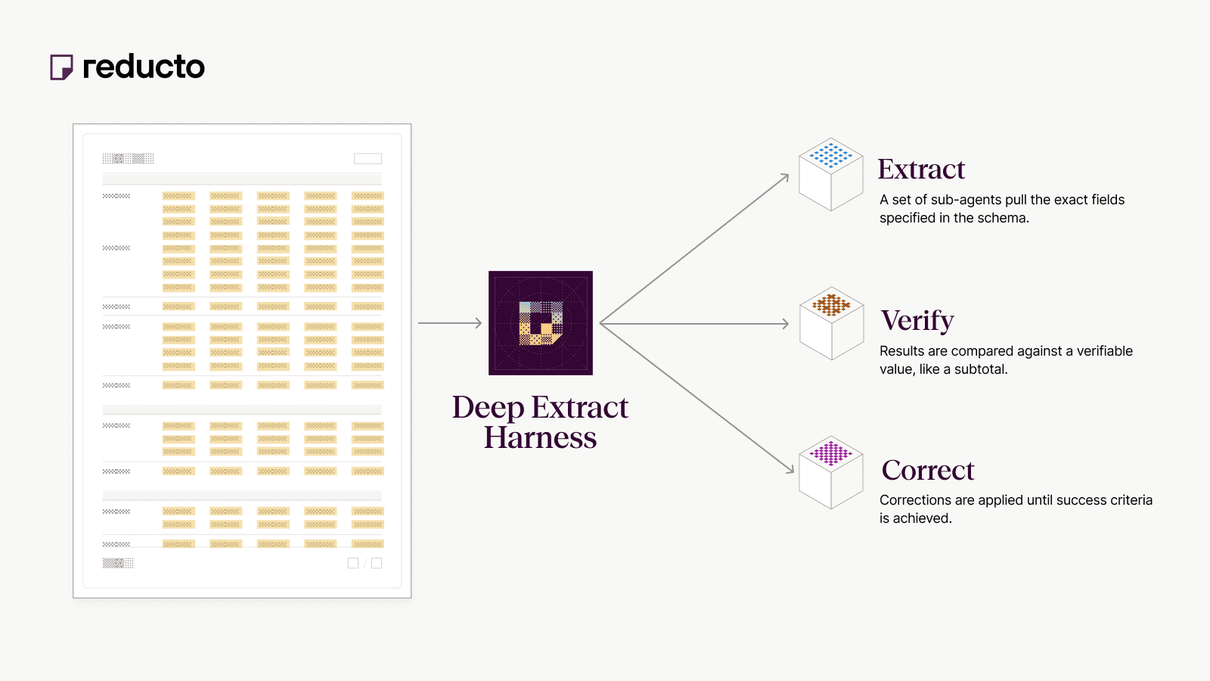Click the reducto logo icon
click(x=61, y=67)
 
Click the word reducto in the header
click(x=144, y=67)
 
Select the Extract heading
click(x=921, y=169)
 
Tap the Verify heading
click(x=917, y=321)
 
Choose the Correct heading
click(x=928, y=471)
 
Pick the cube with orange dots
click(x=831, y=323)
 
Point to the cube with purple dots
click(x=831, y=472)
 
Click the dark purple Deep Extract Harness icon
click(x=541, y=323)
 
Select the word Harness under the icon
click(x=540, y=438)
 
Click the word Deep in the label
click(x=488, y=408)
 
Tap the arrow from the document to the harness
click(x=450, y=323)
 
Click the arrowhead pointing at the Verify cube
click(x=785, y=324)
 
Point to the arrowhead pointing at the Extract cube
click(x=785, y=178)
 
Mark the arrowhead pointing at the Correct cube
click(x=790, y=469)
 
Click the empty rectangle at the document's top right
click(x=368, y=159)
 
